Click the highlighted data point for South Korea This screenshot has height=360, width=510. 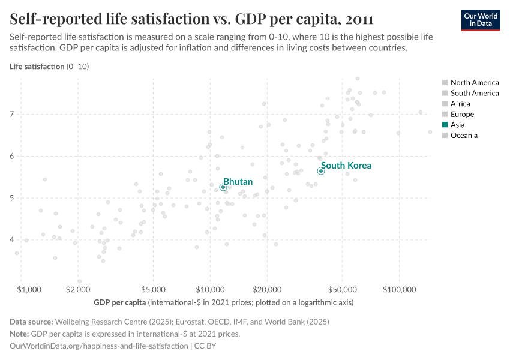[x=321, y=171]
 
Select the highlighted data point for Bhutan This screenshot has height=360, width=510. [x=223, y=187]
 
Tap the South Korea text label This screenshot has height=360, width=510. [x=346, y=166]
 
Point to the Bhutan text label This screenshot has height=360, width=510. [x=238, y=181]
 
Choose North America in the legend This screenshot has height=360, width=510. [x=474, y=83]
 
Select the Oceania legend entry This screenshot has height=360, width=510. [x=464, y=136]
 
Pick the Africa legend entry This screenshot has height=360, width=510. [x=461, y=104]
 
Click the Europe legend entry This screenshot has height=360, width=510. [x=462, y=114]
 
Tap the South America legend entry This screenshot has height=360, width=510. [x=474, y=93]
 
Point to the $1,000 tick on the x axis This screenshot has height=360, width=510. [x=29, y=289]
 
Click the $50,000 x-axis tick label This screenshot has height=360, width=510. [x=342, y=289]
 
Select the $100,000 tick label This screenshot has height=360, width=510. [x=399, y=289]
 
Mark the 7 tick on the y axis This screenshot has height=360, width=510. [x=12, y=114]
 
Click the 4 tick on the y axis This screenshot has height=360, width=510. [x=12, y=240]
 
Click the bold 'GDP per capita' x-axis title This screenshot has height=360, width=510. [x=120, y=302]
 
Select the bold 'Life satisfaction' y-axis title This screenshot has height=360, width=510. [x=37, y=67]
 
